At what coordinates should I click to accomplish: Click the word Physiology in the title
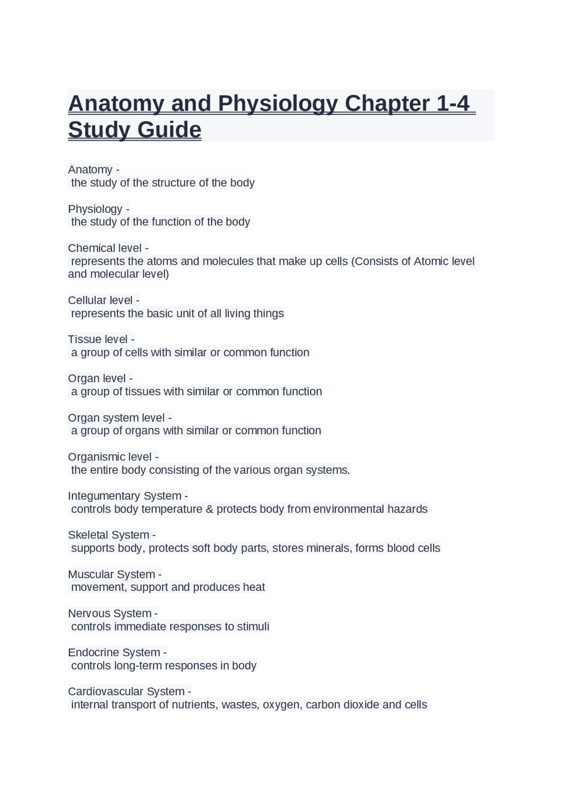(x=277, y=104)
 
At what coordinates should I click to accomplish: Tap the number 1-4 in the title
(x=453, y=104)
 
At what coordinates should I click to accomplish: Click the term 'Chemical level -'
(x=108, y=248)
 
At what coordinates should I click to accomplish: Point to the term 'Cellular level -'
(x=104, y=300)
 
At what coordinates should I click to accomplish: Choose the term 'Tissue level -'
(x=101, y=339)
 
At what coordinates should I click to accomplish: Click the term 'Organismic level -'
(x=113, y=457)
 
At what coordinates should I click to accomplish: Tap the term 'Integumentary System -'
(x=128, y=496)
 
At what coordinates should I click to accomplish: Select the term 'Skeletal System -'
(x=112, y=535)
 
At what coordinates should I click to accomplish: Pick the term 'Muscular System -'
(x=115, y=574)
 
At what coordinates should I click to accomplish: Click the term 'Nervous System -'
(x=113, y=613)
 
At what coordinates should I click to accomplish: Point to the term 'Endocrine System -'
(x=117, y=652)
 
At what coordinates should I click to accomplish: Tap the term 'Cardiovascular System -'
(x=129, y=691)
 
